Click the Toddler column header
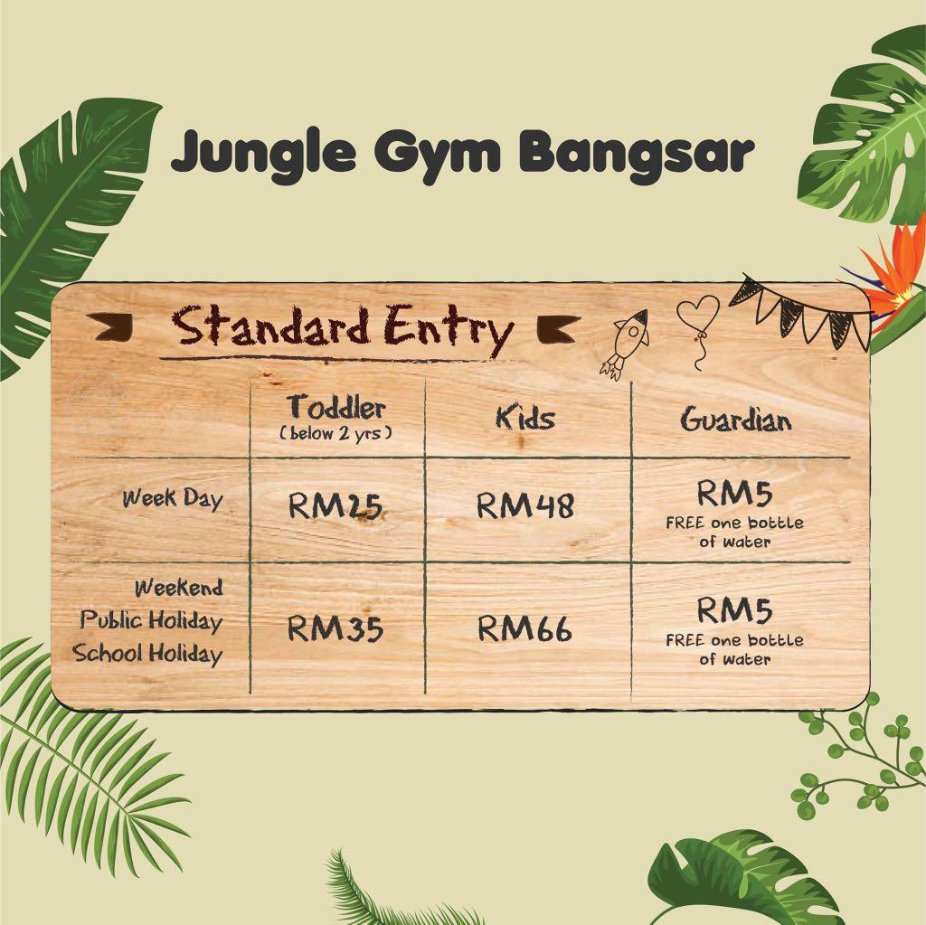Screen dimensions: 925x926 [336, 407]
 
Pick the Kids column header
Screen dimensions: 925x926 [524, 419]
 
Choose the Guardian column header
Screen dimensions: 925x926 [736, 420]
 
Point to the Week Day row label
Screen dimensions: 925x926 [173, 498]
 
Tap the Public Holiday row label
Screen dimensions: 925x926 [151, 621]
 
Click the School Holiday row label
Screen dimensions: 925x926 [147, 653]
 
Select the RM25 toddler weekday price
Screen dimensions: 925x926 [335, 505]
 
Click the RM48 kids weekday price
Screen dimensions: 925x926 [524, 505]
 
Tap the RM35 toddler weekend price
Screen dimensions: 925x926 [335, 628]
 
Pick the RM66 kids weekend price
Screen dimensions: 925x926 [524, 628]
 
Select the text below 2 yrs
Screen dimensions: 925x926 [336, 433]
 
